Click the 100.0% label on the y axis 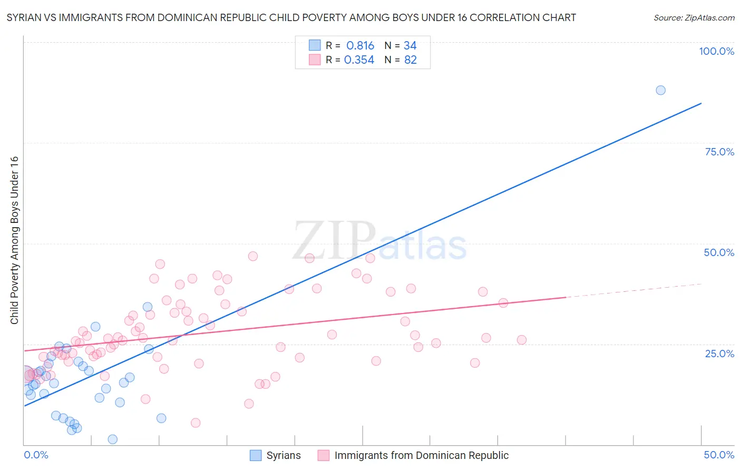click(716, 51)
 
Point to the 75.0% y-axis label click(719, 152)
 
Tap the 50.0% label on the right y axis click(719, 252)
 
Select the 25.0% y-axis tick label click(719, 353)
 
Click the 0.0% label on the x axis click(36, 455)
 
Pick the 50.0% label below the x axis click(719, 455)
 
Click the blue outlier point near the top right click(660, 90)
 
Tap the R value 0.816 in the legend click(360, 46)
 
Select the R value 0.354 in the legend click(359, 60)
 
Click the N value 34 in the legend click(410, 46)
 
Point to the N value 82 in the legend click(410, 60)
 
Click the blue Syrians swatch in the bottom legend click(256, 455)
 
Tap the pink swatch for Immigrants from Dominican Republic click(323, 455)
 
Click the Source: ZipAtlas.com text click(694, 17)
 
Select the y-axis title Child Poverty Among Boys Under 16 click(15, 240)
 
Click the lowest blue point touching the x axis click(112, 439)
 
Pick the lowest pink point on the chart click(196, 423)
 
